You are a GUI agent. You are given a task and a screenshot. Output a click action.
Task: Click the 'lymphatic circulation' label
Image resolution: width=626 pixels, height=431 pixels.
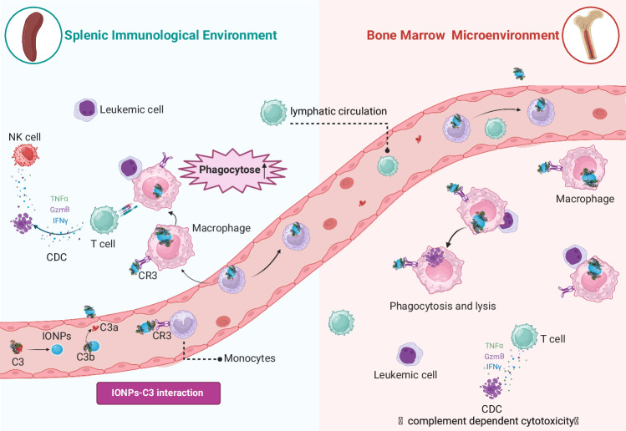click(x=338, y=110)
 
